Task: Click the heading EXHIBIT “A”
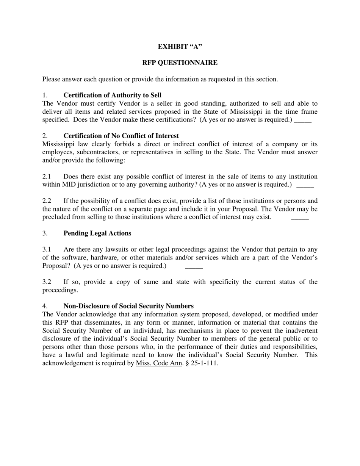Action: [x=180, y=47]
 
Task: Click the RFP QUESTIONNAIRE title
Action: [x=180, y=63]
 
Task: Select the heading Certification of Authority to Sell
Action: [x=112, y=95]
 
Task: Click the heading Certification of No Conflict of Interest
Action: [x=121, y=136]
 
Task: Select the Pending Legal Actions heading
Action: [x=97, y=233]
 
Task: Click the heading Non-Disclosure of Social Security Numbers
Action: [x=128, y=306]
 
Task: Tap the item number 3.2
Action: [x=47, y=282]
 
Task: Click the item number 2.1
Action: [x=47, y=177]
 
